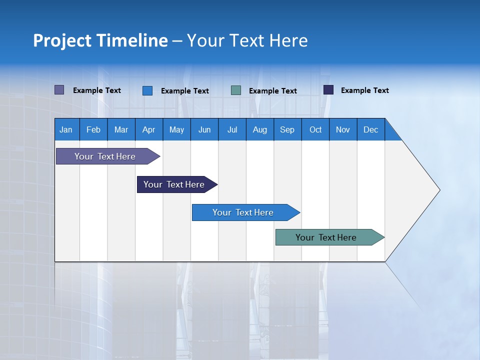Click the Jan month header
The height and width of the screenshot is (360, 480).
pos(66,129)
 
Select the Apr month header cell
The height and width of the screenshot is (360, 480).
pos(149,129)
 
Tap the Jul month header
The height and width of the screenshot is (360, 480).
pos(232,129)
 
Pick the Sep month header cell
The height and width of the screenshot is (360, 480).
pos(287,129)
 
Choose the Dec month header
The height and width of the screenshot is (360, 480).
pos(370,129)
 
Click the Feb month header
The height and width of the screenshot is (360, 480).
pos(93,129)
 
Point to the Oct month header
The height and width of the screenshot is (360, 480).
pos(315,129)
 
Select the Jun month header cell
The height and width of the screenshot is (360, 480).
pos(204,129)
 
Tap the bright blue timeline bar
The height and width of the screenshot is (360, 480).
pos(244,212)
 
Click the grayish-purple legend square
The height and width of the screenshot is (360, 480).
pos(59,90)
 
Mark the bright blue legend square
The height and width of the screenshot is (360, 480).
pos(147,90)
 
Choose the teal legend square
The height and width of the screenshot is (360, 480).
pos(236,90)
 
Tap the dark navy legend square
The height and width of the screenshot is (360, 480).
pos(328,90)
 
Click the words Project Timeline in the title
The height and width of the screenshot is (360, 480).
pos(100,40)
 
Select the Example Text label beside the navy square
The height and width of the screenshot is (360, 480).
pos(364,90)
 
